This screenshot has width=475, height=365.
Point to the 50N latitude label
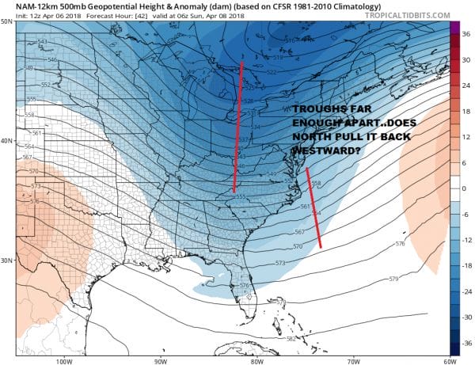[x=7, y=21]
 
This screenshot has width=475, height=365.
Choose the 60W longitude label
[x=447, y=361]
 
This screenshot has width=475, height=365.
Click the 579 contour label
[x=393, y=278]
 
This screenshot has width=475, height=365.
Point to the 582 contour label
[x=292, y=338]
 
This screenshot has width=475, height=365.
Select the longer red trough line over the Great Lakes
[x=238, y=127]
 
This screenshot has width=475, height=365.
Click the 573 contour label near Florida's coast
[x=279, y=262]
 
